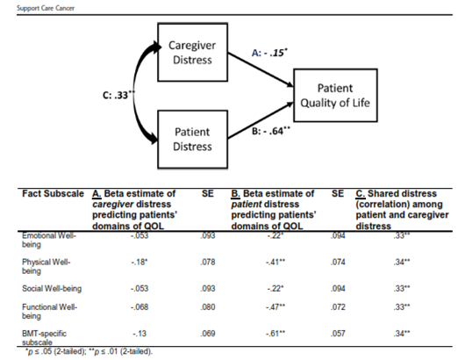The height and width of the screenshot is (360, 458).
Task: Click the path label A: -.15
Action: [x=269, y=53]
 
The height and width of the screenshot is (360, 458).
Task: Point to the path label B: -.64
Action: [x=271, y=131]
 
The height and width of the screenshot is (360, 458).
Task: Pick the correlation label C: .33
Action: [x=118, y=95]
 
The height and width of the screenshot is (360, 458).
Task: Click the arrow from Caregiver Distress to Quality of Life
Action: [x=261, y=69]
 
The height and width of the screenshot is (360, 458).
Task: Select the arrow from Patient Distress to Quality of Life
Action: [x=261, y=120]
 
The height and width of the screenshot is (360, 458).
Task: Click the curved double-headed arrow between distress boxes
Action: [x=134, y=95]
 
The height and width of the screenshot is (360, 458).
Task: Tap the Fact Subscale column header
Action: [x=53, y=194]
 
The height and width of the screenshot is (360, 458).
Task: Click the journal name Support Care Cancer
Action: [x=46, y=8]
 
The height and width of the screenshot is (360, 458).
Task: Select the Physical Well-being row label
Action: [x=47, y=266]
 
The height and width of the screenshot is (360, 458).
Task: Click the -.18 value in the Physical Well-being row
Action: [x=140, y=262]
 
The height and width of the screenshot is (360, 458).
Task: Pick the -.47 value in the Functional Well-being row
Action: [x=276, y=307]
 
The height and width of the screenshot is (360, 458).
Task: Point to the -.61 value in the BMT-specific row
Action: [x=276, y=334]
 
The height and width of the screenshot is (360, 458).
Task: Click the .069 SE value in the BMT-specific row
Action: [x=208, y=334]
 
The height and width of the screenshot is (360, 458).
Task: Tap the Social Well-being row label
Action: [x=52, y=289]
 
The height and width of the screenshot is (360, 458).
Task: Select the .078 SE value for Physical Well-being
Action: [x=208, y=262]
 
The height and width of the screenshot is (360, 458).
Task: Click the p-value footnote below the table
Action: [x=89, y=351]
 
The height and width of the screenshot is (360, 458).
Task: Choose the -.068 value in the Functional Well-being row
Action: [x=140, y=307]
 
